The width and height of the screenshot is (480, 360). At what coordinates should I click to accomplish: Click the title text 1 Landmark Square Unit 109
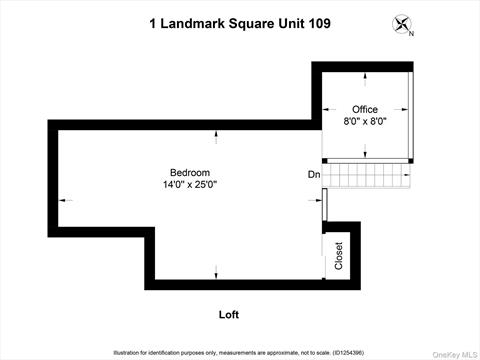point(240,23)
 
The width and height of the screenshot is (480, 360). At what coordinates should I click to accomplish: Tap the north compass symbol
point(402,25)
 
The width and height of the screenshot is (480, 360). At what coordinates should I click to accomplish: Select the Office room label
point(363,109)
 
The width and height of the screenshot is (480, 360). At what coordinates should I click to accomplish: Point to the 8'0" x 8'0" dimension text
point(364,121)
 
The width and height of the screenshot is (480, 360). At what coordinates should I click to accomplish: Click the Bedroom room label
point(190,172)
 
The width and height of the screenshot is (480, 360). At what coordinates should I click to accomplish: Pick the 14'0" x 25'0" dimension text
point(190,184)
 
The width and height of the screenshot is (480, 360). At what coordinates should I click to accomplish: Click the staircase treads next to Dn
point(370,176)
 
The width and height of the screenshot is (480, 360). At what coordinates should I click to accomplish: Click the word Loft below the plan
point(229,315)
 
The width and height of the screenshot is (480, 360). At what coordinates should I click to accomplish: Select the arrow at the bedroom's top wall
point(215,130)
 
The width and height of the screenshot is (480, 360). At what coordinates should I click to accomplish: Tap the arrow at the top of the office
point(364,75)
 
